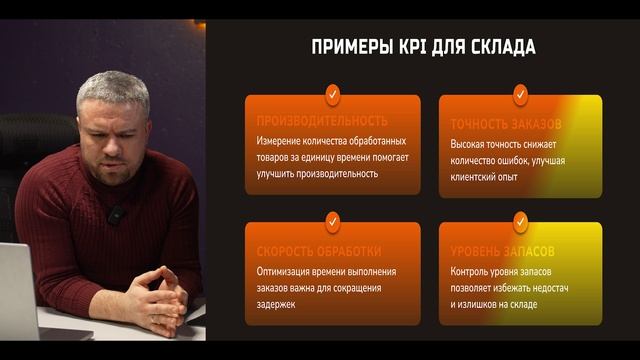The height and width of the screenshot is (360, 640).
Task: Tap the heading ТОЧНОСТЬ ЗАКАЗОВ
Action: point(505,124)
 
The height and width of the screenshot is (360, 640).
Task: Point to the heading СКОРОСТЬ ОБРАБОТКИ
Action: point(319,251)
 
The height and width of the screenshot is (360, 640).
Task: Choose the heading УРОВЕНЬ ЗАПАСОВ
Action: point(502,252)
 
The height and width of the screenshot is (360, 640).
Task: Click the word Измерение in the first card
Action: point(284,142)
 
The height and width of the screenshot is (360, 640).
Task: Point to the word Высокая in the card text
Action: point(473,143)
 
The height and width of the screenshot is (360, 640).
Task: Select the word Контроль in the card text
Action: point(475,272)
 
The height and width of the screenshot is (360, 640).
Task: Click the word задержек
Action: point(282,304)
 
